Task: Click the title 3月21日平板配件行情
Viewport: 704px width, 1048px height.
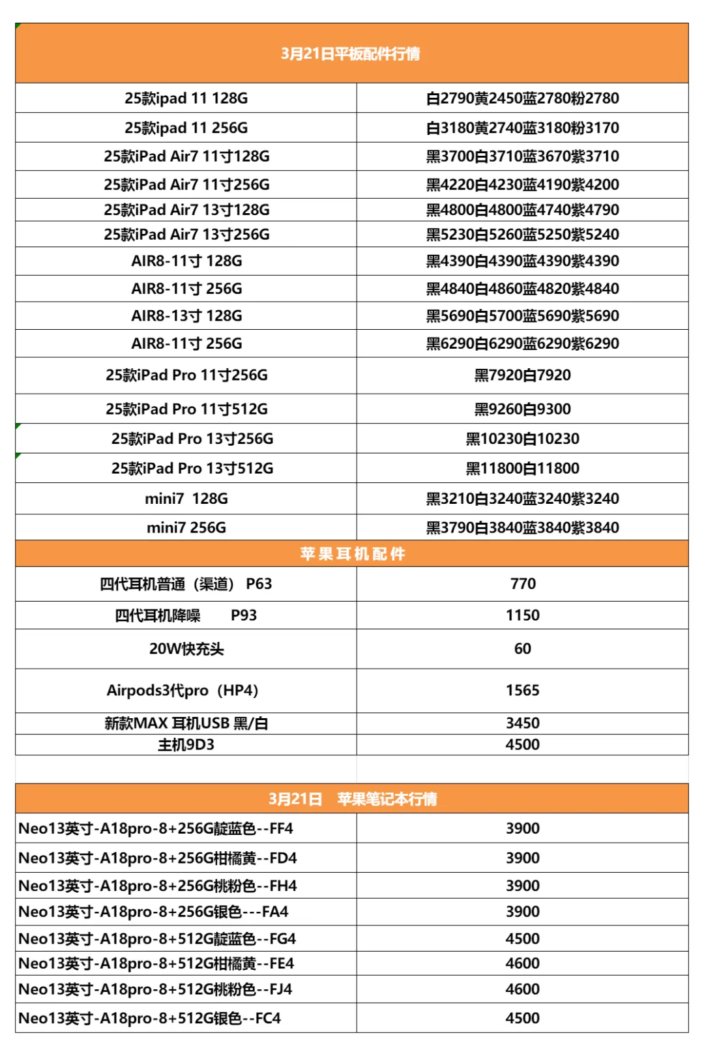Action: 351,53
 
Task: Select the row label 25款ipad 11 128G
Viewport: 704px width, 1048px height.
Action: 186,98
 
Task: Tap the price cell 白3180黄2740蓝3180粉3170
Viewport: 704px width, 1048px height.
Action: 522,128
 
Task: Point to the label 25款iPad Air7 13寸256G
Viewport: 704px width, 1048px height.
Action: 186,235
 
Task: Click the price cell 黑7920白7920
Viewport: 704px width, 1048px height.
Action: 522,375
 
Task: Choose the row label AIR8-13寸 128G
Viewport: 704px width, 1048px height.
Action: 186,316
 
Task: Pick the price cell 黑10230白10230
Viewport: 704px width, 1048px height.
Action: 522,439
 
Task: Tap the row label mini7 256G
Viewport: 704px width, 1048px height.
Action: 186,528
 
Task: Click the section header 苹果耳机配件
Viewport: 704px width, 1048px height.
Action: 352,554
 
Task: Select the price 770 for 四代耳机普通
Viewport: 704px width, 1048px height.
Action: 523,584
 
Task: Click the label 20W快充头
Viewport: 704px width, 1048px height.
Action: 186,649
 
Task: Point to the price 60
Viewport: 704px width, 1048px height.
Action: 523,649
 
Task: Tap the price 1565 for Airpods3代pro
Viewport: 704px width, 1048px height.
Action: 523,691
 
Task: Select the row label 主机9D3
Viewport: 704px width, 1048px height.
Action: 186,745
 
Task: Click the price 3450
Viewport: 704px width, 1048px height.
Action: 523,723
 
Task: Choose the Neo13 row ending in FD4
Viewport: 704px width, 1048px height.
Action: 158,858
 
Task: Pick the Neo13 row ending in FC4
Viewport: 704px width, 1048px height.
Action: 150,1019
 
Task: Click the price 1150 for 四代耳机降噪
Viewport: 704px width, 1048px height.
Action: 523,615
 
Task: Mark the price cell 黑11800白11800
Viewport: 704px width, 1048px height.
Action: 522,469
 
